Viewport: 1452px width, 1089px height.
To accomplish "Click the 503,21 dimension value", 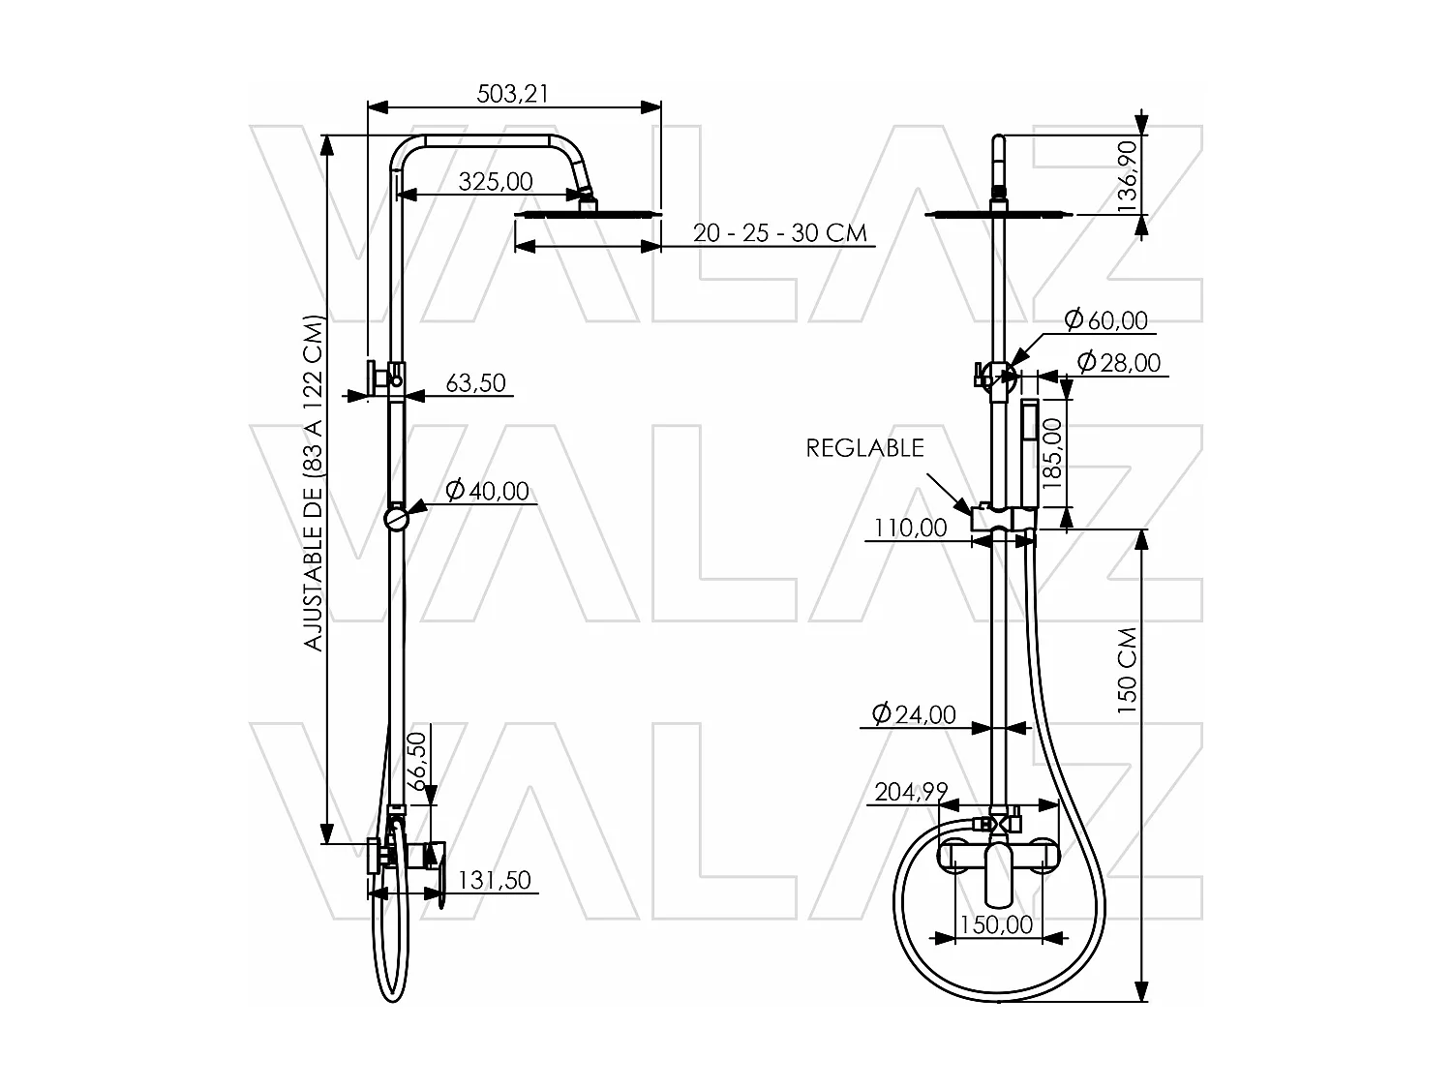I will point(512,93).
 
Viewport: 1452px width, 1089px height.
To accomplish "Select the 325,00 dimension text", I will point(495,181).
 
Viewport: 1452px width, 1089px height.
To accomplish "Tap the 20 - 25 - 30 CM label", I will point(779,233).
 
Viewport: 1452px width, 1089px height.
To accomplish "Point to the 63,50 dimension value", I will point(475,383).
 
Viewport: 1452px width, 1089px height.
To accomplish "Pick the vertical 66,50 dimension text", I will point(418,762).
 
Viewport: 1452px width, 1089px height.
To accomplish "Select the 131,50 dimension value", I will point(494,880).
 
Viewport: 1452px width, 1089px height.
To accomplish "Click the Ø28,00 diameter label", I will point(1118,362).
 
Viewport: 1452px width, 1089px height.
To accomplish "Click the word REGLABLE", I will point(865,448).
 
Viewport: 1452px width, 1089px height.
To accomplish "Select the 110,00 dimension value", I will point(911,528).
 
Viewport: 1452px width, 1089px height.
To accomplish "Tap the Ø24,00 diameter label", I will point(913,714).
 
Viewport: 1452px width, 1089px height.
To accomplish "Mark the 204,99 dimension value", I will point(911,792).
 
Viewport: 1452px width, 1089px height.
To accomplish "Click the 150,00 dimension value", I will point(998,924).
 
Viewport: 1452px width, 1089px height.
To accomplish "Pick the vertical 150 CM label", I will point(1127,670).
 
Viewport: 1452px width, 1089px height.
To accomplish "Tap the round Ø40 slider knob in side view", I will point(397,519).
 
